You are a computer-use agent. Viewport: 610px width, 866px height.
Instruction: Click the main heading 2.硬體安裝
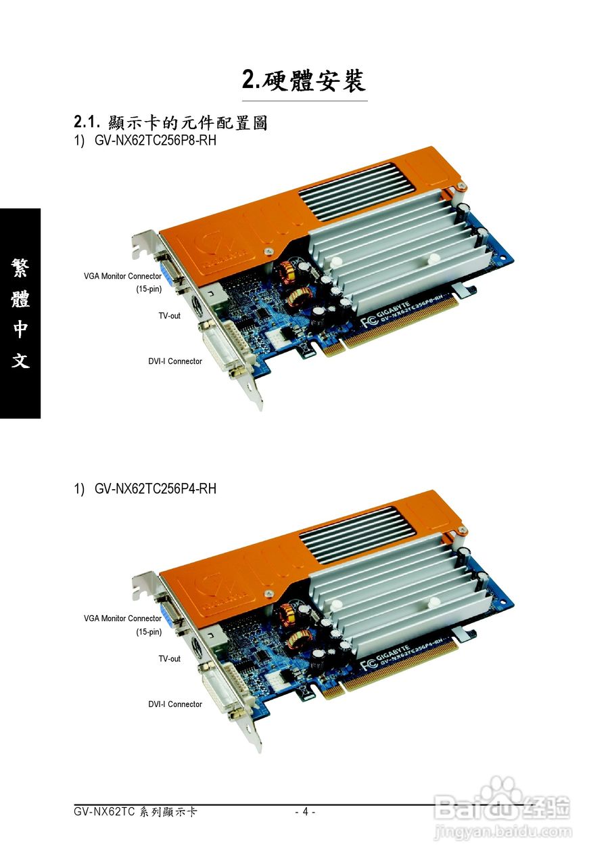(304, 80)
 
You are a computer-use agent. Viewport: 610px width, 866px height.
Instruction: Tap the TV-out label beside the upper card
(169, 315)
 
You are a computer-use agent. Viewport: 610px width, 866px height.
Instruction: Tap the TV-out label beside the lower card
(169, 658)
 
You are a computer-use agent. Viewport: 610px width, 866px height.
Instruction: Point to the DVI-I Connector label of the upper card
(175, 361)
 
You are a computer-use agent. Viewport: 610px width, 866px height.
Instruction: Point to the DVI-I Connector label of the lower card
(175, 704)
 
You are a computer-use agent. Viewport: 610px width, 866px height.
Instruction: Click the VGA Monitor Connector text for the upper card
(122, 276)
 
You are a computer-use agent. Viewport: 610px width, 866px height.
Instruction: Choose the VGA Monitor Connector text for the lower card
(122, 618)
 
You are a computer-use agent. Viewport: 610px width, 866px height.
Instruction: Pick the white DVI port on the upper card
(223, 346)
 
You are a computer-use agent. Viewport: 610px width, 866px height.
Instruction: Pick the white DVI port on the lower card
(223, 687)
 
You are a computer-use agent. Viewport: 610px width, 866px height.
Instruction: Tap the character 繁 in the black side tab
(20, 267)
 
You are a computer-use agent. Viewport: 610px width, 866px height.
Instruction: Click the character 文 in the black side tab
(20, 361)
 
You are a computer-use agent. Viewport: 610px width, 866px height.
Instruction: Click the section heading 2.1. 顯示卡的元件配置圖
(170, 122)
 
